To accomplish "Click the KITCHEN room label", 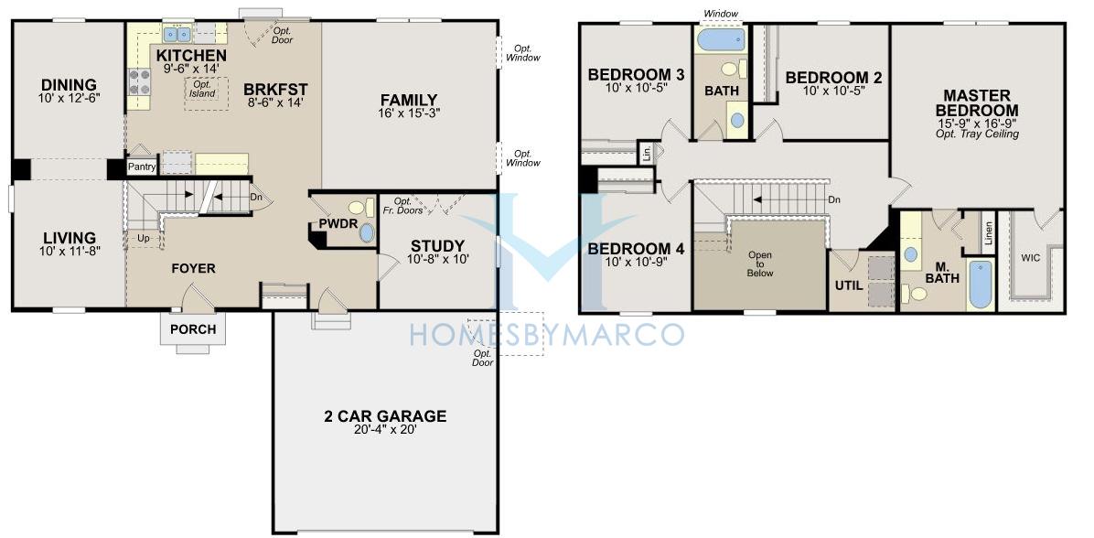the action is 191,55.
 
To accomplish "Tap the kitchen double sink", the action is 177,34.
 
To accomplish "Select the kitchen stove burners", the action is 140,81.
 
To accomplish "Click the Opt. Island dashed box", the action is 207,89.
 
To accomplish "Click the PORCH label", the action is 193,329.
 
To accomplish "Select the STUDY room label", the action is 437,246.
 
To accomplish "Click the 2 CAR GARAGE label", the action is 385,416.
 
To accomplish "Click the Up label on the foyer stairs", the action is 144,238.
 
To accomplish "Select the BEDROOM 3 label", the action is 636,75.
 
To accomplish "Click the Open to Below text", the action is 760,264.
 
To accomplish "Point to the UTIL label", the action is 849,286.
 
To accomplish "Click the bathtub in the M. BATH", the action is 981,284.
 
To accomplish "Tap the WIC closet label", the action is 1031,257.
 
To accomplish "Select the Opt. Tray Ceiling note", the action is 977,134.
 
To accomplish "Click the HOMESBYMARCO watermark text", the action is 546,334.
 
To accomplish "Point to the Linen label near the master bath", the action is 987,233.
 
